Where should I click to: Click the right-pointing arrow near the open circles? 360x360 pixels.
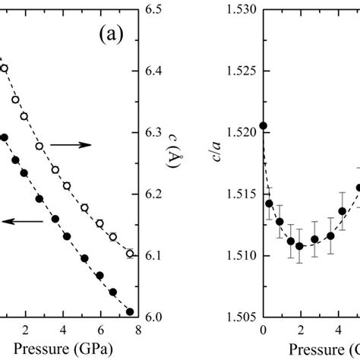pos(74,144)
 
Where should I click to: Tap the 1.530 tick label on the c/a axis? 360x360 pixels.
pos(242,10)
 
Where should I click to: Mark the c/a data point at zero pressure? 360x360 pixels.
pos(263,125)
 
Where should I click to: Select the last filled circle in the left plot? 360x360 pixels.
pos(129,311)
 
